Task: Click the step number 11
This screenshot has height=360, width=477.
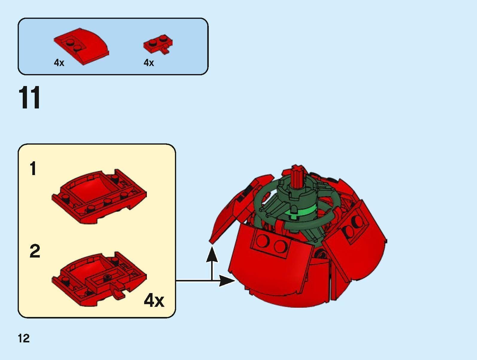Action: (29, 98)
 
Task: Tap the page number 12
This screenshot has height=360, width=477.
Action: (24, 338)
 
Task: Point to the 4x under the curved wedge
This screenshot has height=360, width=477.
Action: (59, 63)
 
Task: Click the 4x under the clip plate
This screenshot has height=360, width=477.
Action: (149, 63)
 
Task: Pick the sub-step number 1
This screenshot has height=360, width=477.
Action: (33, 168)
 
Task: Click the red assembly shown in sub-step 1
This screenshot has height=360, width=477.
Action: (99, 196)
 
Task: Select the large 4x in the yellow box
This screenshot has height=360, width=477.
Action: (154, 300)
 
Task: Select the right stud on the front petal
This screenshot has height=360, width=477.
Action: (280, 246)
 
